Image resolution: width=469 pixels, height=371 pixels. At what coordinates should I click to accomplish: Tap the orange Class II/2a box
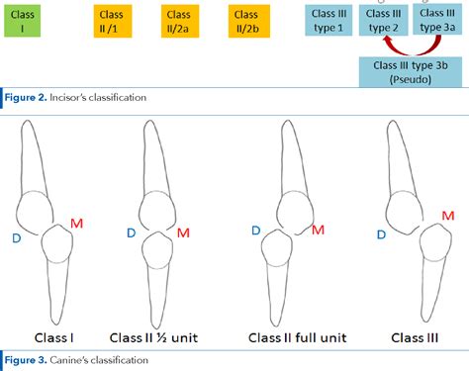pyautogui.click(x=179, y=22)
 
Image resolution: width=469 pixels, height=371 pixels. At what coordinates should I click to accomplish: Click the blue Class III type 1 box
pyautogui.click(x=327, y=21)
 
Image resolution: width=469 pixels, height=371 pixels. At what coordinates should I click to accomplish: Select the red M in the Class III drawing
pyautogui.click(x=448, y=216)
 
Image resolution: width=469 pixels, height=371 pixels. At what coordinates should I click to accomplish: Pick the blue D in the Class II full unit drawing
pyautogui.click(x=256, y=230)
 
